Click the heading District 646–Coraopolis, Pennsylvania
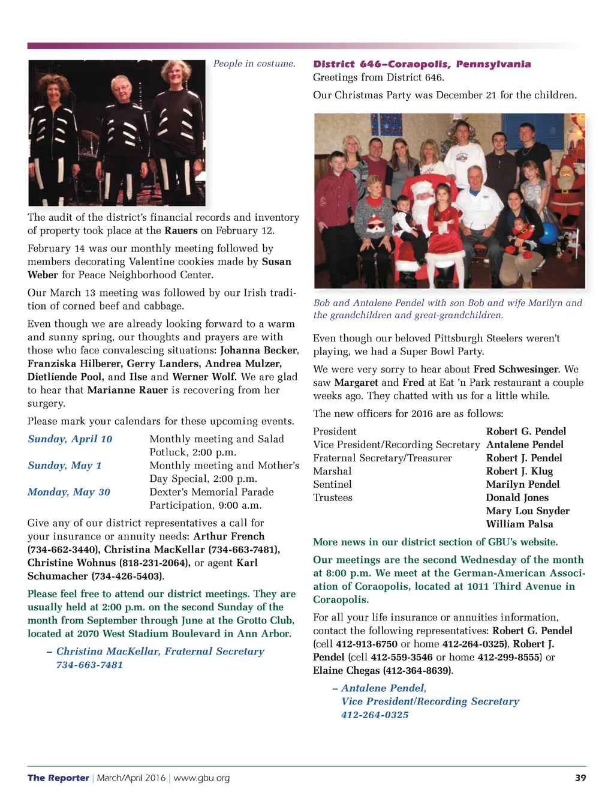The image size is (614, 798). pyautogui.click(x=422, y=64)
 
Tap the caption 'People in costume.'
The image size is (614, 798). pyautogui.click(x=254, y=64)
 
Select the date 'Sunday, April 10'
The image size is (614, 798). pyautogui.click(x=70, y=439)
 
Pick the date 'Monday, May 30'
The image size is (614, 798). pyautogui.click(x=69, y=492)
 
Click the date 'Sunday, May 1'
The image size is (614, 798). pyautogui.click(x=65, y=466)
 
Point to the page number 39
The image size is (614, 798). pyautogui.click(x=580, y=778)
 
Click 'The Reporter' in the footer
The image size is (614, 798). pyautogui.click(x=58, y=778)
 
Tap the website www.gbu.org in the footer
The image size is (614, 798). pyautogui.click(x=201, y=778)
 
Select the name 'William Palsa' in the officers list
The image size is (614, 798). pyautogui.click(x=519, y=524)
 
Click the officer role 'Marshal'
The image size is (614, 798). pyautogui.click(x=332, y=471)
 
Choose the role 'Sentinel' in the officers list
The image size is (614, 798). pyautogui.click(x=332, y=484)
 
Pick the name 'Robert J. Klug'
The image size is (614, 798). pyautogui.click(x=519, y=471)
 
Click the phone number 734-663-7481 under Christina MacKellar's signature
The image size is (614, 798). pyautogui.click(x=90, y=665)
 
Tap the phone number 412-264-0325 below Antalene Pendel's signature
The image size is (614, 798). pyautogui.click(x=375, y=715)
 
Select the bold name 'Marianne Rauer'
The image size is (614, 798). pyautogui.click(x=128, y=390)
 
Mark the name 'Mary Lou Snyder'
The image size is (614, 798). pyautogui.click(x=528, y=511)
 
